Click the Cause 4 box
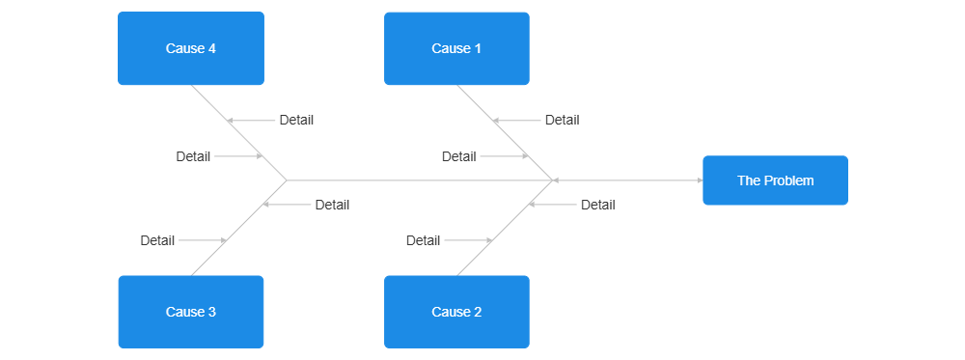coord(191,49)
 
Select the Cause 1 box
coord(456,49)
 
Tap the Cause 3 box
coord(191,312)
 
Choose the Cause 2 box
coord(456,312)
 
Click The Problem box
coord(775,180)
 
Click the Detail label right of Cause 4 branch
coord(296,121)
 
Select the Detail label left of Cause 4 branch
coord(193,156)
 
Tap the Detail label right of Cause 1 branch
coord(562,121)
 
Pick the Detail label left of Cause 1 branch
coord(458,156)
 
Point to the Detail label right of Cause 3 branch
coord(332,205)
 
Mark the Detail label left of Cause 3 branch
coord(157,240)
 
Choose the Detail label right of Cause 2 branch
coord(597,205)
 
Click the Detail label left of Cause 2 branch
coord(423,240)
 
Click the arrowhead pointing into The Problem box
coord(698,180)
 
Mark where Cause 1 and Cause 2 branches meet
coord(552,180)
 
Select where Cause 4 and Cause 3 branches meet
coord(287,180)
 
